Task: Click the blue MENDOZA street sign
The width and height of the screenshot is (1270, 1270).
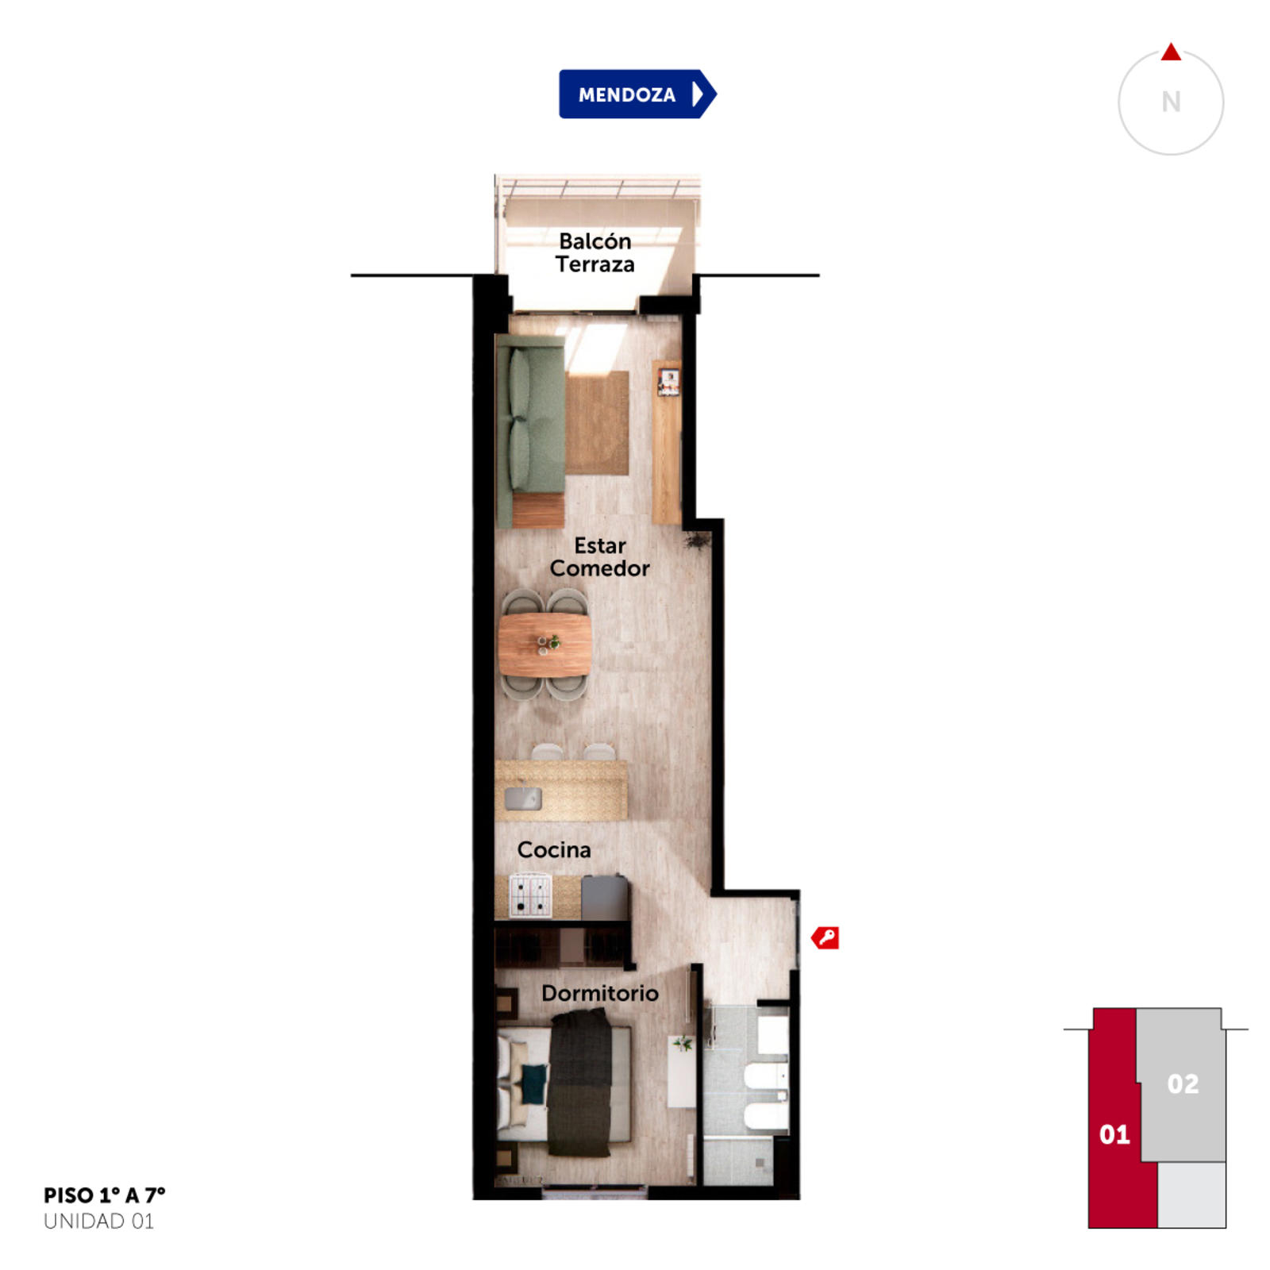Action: click(x=637, y=94)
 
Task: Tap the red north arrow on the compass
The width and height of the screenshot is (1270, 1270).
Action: click(x=1171, y=52)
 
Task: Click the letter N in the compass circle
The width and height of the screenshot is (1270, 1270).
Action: click(x=1171, y=102)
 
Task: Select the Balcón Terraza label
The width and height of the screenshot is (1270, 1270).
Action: click(x=595, y=252)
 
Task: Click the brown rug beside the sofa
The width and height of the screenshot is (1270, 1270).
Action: click(x=597, y=422)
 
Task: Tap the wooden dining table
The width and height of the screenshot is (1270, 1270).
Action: click(x=545, y=644)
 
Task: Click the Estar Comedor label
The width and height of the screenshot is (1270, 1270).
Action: click(x=599, y=556)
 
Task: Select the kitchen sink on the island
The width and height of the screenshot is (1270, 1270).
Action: click(x=523, y=798)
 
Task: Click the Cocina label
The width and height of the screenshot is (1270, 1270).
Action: click(x=554, y=850)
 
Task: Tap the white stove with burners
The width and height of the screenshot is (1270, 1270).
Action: click(x=530, y=895)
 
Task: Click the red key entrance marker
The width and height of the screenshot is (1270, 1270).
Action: click(x=825, y=938)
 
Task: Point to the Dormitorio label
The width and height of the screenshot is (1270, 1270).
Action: click(x=599, y=993)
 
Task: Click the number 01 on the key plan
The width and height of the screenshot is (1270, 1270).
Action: click(x=1114, y=1134)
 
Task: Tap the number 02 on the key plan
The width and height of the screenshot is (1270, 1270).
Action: click(x=1183, y=1083)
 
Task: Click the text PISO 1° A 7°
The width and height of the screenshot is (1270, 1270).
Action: click(x=105, y=1195)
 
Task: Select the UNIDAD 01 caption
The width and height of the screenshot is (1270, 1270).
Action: click(x=98, y=1222)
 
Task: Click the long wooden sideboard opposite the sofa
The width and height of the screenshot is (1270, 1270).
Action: click(x=667, y=442)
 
